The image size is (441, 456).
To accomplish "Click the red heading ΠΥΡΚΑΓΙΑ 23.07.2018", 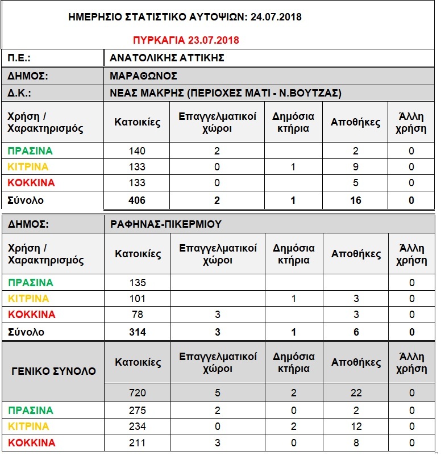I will (x=186, y=40).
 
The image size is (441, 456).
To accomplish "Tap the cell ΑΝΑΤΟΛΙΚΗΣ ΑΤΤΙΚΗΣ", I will (x=168, y=58).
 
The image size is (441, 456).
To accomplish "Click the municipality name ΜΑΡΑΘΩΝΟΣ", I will (x=144, y=76).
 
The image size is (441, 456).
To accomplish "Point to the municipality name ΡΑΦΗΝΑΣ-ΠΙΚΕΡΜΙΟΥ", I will (x=166, y=224).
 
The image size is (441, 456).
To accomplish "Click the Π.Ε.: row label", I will (x=19, y=58).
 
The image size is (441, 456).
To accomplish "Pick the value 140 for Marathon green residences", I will (x=137, y=150).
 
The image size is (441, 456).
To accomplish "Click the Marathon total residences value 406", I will (x=137, y=200).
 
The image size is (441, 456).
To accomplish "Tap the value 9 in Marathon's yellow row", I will (x=355, y=166).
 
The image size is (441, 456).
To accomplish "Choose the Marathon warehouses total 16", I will (x=355, y=200).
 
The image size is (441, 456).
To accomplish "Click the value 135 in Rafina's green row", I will (x=138, y=282).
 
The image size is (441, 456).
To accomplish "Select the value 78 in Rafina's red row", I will (x=138, y=314).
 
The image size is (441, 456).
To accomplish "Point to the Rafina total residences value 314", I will (x=138, y=332).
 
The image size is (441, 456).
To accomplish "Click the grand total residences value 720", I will (x=138, y=392).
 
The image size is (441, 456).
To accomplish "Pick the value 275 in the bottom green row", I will (x=138, y=410).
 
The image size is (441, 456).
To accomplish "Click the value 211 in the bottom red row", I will (x=138, y=442).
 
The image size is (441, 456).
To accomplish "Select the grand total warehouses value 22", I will (x=356, y=392).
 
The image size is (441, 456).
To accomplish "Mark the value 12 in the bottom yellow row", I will (x=356, y=426).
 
